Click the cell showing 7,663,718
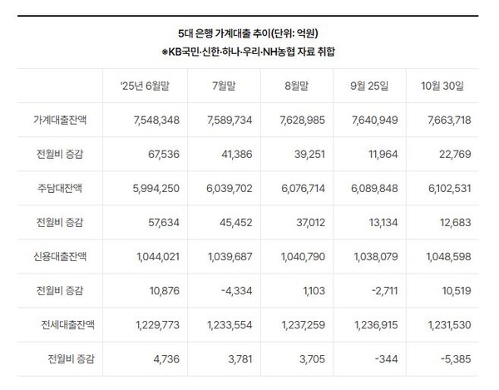[447, 121]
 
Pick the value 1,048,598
[447, 257]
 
